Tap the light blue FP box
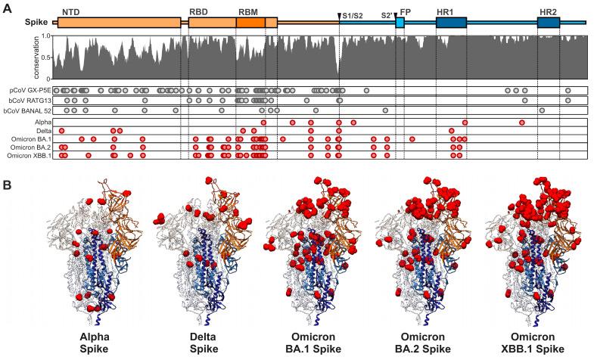point(400,23)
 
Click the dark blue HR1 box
point(450,23)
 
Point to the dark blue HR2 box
point(549,23)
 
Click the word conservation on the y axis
point(36,58)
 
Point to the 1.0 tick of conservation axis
point(45,36)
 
